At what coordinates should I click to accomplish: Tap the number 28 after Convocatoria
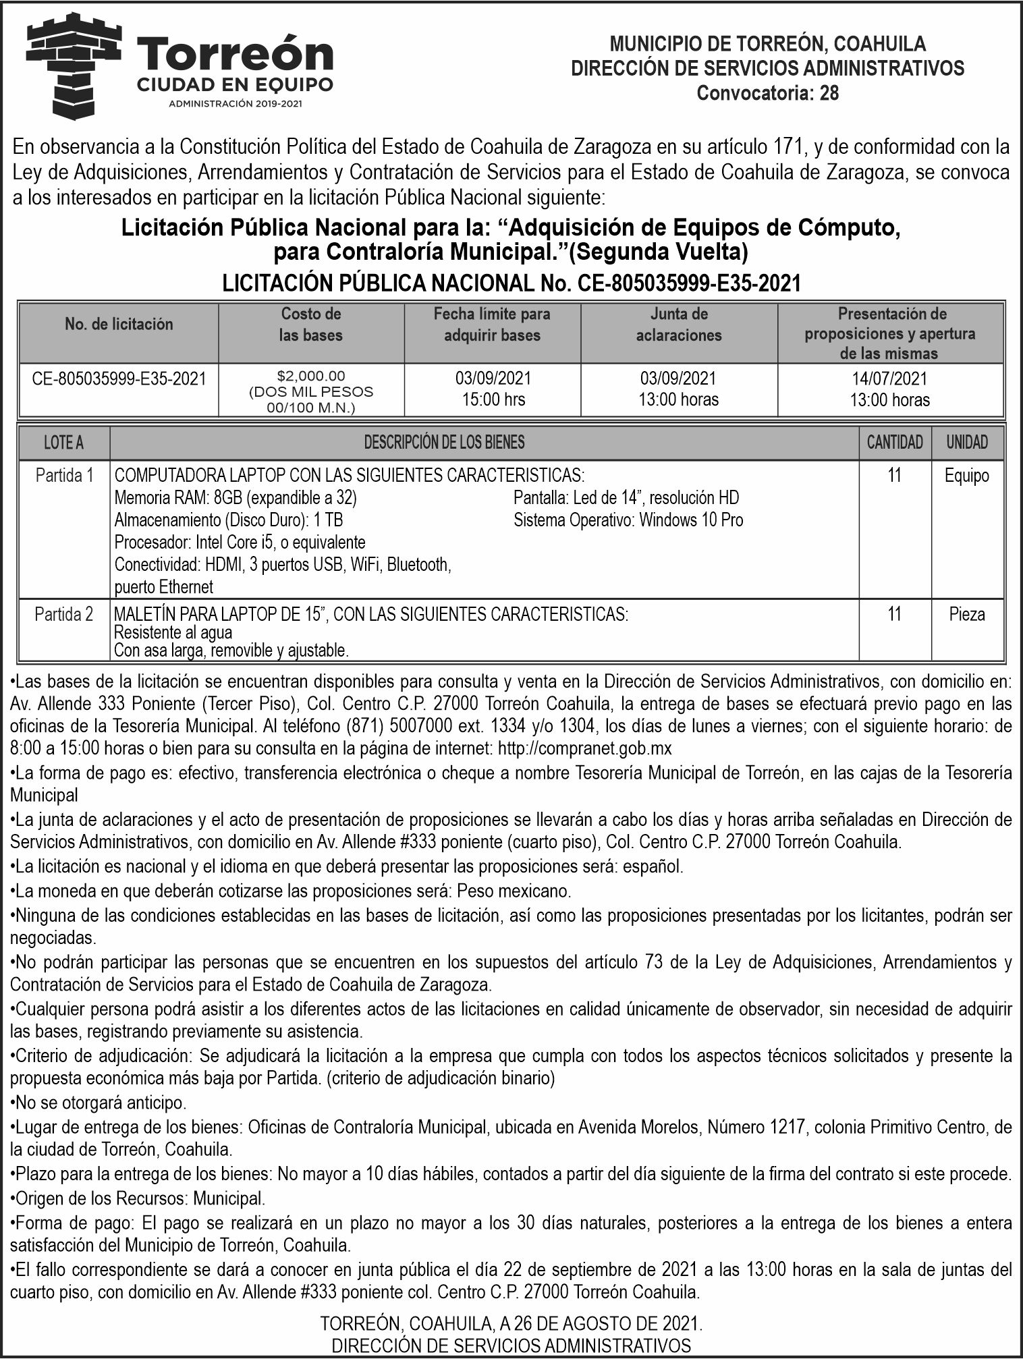point(829,93)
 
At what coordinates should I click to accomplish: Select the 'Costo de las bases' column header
point(310,325)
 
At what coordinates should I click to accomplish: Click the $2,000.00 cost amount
point(311,375)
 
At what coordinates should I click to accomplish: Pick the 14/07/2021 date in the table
point(889,379)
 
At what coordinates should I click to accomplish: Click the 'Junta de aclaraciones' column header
point(678,325)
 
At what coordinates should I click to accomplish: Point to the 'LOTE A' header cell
point(63,443)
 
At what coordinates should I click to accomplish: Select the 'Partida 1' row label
point(64,476)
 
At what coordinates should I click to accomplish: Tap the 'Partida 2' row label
point(64,614)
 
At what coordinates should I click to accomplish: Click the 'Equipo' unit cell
point(966,476)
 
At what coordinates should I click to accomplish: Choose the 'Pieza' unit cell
point(966,614)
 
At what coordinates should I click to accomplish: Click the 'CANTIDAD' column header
point(894,443)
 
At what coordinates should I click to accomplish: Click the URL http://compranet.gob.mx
point(584,748)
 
